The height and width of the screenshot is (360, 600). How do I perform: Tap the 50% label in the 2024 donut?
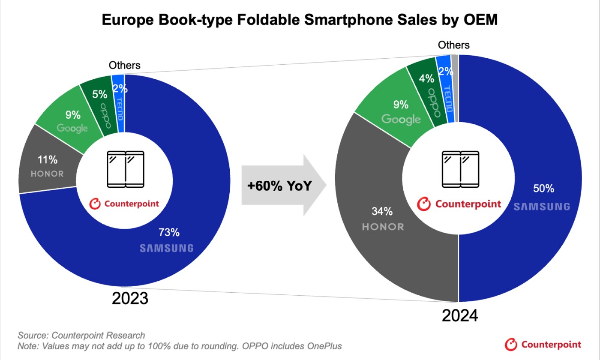click(x=544, y=188)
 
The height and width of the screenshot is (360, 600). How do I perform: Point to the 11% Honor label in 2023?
click(x=48, y=160)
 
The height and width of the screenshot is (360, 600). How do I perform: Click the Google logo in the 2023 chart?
click(x=72, y=128)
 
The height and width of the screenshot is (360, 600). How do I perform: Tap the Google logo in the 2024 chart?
click(x=401, y=119)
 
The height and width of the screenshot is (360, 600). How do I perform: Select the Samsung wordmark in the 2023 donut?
click(x=167, y=248)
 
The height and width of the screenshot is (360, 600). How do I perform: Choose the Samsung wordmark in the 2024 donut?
click(x=542, y=207)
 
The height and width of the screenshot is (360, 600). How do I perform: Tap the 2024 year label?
click(x=460, y=316)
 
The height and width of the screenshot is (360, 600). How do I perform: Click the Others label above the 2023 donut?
click(x=124, y=65)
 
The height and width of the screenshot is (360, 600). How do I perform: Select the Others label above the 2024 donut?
click(x=454, y=45)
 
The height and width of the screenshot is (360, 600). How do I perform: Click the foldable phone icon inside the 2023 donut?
click(x=126, y=168)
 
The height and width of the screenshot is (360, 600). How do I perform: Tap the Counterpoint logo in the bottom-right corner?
click(x=543, y=344)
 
